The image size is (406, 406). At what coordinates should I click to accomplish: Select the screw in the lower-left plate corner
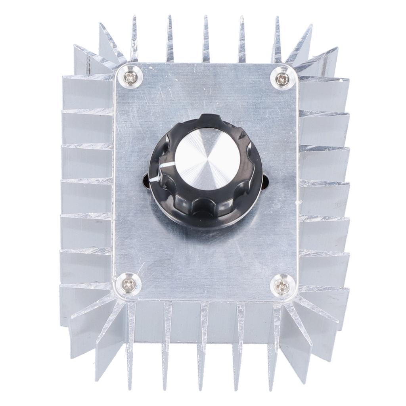point(128,283)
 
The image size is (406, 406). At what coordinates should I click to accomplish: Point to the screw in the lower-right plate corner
point(282,284)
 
